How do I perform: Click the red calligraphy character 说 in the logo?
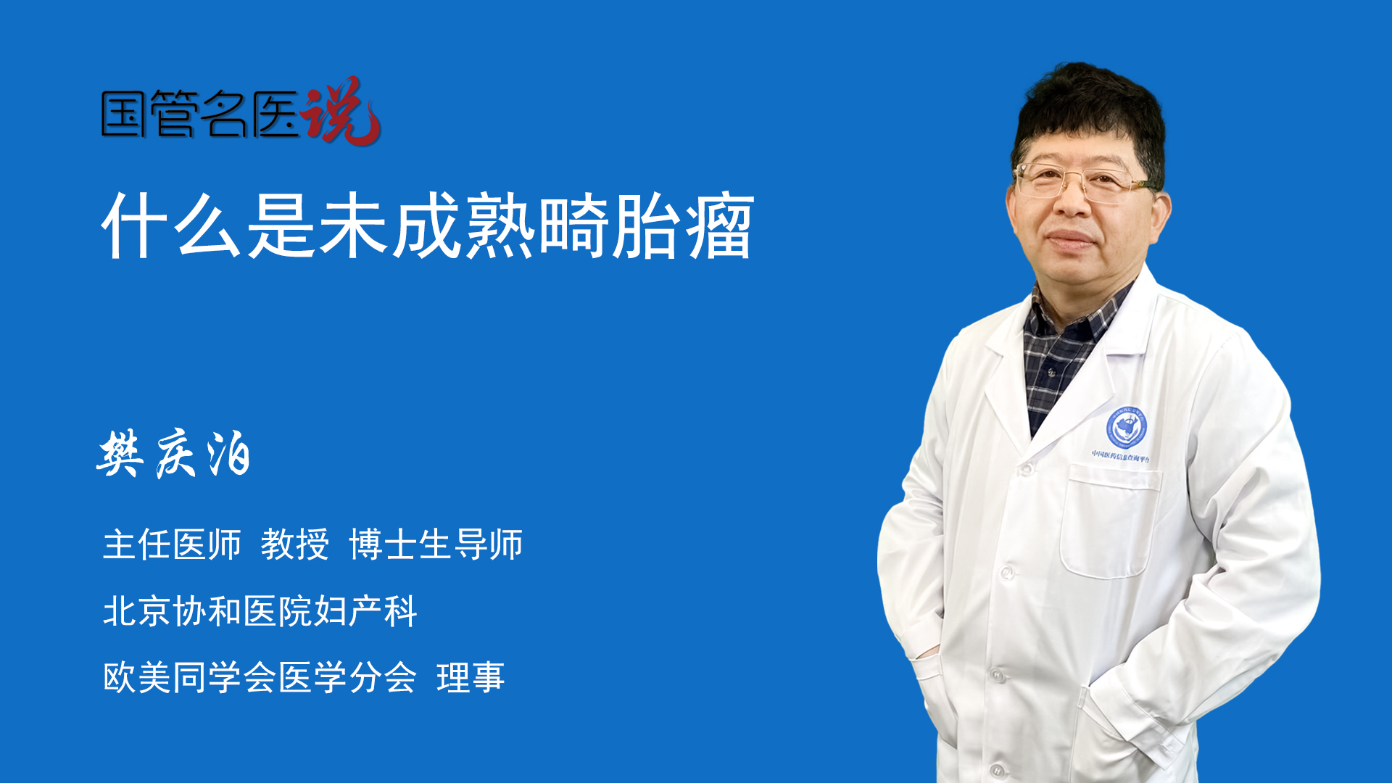(341, 111)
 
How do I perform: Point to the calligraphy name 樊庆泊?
(174, 454)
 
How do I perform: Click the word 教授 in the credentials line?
(294, 544)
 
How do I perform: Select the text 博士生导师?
(436, 544)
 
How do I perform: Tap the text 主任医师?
(172, 544)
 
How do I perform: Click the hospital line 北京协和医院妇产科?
(260, 611)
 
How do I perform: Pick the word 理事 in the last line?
(471, 678)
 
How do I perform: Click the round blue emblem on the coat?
(1126, 427)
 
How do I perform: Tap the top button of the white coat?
(1024, 470)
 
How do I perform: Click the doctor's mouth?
(1069, 240)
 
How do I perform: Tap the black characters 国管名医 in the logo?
(200, 114)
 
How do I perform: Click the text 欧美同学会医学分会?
(260, 678)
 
